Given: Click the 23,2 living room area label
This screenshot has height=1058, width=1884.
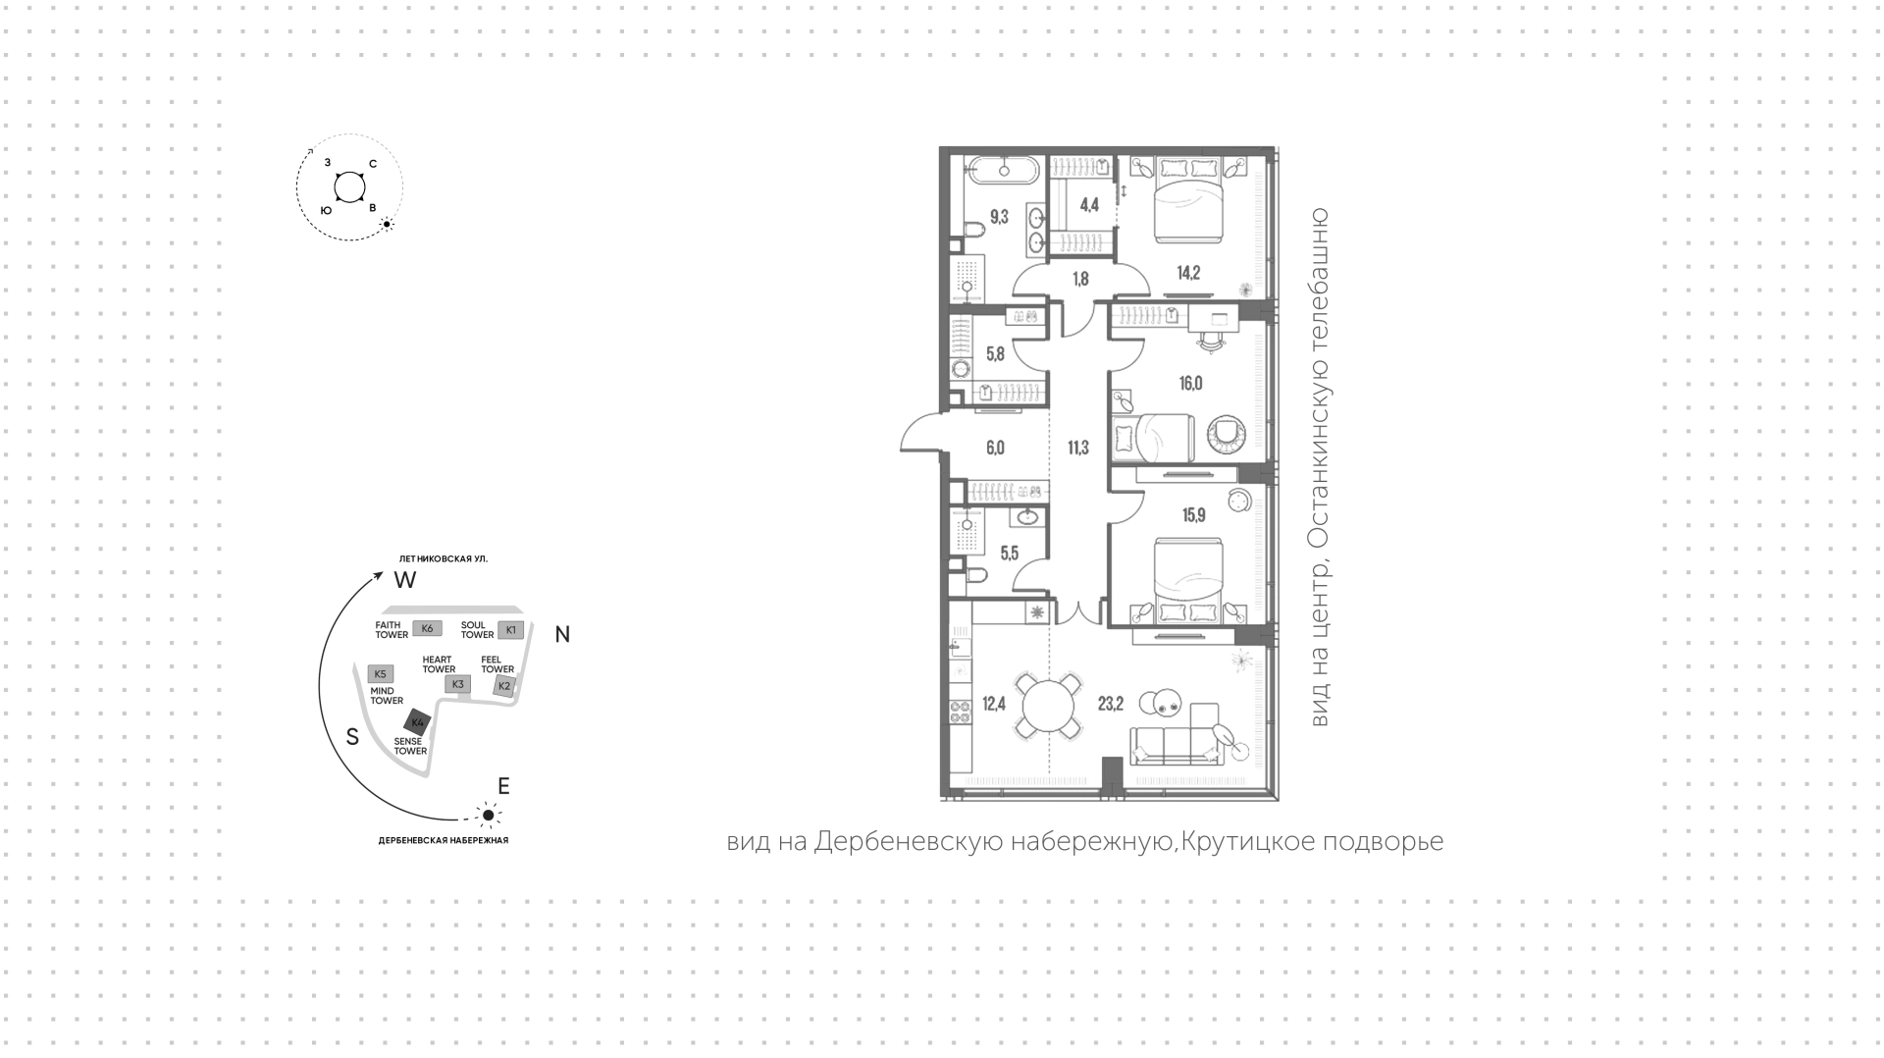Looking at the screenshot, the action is tap(1111, 703).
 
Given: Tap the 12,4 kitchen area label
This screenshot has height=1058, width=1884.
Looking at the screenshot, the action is tap(994, 703).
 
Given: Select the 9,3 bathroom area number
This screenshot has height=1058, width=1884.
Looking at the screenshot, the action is tap(999, 217).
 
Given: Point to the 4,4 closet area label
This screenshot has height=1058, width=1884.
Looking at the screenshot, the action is tap(1089, 205).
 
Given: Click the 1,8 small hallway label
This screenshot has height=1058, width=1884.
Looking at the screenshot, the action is tap(1080, 279).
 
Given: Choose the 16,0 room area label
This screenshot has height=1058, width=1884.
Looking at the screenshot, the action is tap(1190, 384).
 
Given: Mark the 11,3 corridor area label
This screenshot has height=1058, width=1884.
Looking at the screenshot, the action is tap(1077, 449).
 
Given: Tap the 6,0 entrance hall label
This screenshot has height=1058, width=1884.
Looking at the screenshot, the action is tap(995, 449).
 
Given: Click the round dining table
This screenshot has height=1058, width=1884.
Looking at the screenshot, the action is tap(1050, 705).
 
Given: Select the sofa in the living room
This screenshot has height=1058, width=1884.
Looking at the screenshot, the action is tap(1177, 745).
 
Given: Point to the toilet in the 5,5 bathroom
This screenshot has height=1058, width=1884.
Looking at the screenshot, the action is tap(977, 576).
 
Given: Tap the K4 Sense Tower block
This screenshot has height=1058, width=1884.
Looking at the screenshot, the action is tap(417, 723).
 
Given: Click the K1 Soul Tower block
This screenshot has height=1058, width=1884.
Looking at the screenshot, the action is tap(510, 629).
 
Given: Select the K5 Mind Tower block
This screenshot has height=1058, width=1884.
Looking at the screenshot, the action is tap(380, 674).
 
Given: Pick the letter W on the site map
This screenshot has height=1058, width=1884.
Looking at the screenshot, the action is tap(405, 580).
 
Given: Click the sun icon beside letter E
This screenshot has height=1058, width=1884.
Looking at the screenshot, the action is tap(488, 815).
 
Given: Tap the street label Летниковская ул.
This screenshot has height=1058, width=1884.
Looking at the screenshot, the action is tap(437, 558).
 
